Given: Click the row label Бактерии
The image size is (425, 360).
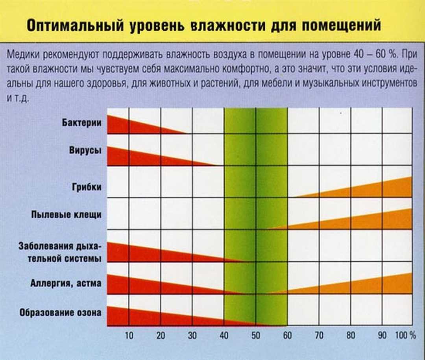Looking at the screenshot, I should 82,122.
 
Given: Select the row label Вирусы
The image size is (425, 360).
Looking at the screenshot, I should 86,151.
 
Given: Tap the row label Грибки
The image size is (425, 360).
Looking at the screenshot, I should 87,186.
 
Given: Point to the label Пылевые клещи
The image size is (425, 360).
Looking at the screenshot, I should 67,215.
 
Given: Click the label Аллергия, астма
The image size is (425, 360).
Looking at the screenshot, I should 66,283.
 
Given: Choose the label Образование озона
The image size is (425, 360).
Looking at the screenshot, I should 60,313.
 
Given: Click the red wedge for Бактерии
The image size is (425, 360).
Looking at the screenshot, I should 126,126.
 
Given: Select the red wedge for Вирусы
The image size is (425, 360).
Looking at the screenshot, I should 134,157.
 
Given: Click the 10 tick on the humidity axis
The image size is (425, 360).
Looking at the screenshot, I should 129,336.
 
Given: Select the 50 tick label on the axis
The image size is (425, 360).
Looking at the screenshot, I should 256,336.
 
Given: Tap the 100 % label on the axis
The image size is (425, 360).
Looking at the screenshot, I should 405,336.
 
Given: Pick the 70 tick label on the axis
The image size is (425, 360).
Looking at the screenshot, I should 319,336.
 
